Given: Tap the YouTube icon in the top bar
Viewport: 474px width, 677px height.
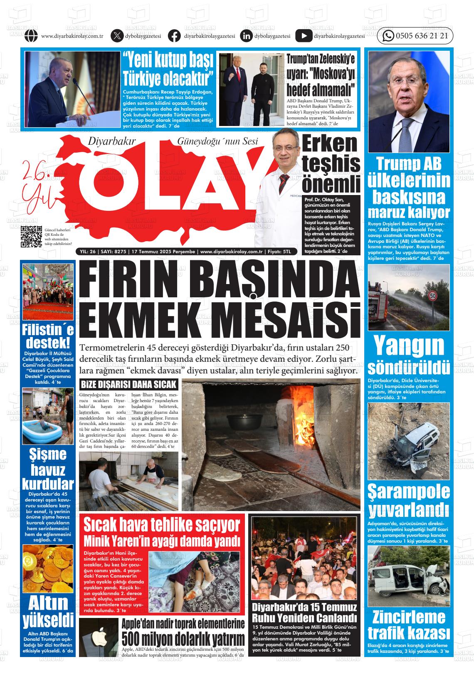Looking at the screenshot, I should click(304, 36).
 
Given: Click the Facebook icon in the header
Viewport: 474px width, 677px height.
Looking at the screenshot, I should click(174, 36).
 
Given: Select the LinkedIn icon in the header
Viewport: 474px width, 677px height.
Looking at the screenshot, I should click(247, 36).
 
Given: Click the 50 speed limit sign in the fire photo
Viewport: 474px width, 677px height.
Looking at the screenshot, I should click(433, 296).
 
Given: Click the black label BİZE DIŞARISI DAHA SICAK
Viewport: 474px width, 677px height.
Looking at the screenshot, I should click(128, 384).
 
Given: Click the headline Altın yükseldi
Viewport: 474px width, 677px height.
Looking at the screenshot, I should click(48, 611).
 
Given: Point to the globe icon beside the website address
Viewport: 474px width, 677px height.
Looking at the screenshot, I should click(31, 36).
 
